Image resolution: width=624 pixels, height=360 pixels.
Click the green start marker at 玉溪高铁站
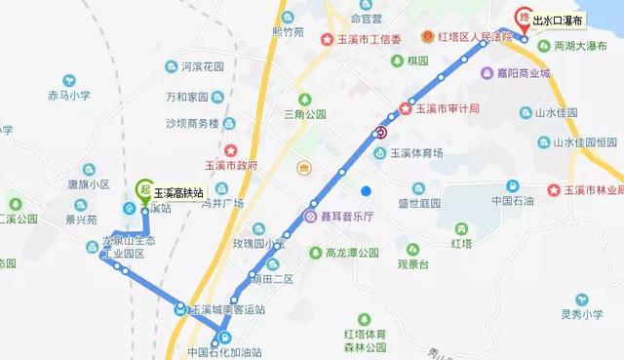click(x=144, y=188)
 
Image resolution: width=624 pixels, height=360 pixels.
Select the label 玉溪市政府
click(x=231, y=165)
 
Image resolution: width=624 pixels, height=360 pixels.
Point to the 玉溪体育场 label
click(x=416, y=152)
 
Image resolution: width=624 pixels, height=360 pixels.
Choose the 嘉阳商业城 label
click(x=523, y=73)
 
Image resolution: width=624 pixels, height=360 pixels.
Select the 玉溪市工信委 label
click(x=370, y=39)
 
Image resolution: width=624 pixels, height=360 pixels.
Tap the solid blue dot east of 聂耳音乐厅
click(x=366, y=190)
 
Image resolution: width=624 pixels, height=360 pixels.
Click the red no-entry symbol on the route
click(x=381, y=133)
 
